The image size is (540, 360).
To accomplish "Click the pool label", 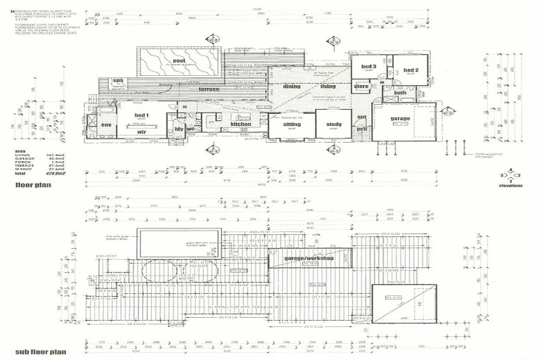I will coord(179,61).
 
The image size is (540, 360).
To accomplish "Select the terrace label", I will coord(208,89).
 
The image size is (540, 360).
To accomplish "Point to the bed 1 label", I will coord(141,115).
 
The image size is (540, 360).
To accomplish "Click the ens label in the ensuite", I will coord(106,124).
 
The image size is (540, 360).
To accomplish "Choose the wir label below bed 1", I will coord(141,131).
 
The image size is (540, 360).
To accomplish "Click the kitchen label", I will coord(240,124).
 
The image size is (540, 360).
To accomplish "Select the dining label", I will coord(292,86).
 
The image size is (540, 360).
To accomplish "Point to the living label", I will coord(328,86).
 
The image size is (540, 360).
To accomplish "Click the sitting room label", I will coord(292,124).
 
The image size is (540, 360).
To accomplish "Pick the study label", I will coord(333,124).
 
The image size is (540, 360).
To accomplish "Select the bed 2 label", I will coord(411,70).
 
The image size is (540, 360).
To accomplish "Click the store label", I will coord(361,86).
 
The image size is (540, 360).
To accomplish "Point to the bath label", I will coord(400,93).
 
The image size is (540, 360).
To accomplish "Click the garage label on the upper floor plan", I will coord(400,119).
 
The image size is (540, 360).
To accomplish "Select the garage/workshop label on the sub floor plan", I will coord(309,258).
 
